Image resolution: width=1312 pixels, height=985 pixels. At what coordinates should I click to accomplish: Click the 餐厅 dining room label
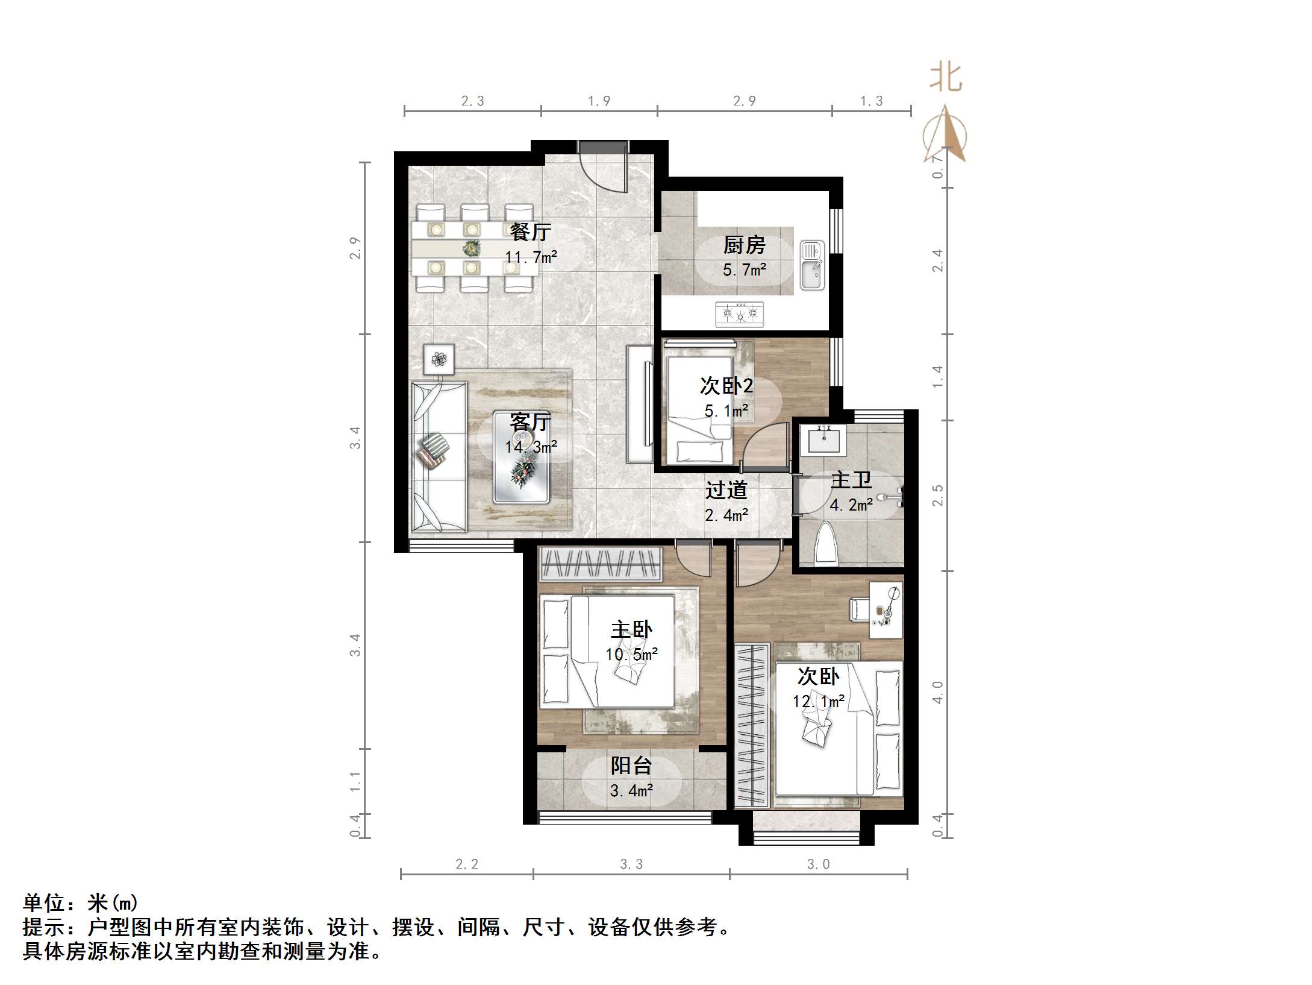pyautogui.click(x=530, y=232)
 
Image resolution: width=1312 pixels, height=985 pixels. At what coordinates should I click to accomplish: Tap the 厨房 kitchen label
pyautogui.click(x=744, y=245)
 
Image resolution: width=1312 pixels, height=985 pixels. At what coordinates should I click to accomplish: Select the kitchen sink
pyautogui.click(x=811, y=265)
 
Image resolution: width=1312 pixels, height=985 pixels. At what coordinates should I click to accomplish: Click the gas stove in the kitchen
pyautogui.click(x=739, y=314)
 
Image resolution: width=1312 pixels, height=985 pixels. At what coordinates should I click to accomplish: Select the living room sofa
pyautogui.click(x=439, y=456)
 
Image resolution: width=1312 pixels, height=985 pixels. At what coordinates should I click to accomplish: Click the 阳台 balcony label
pyautogui.click(x=631, y=766)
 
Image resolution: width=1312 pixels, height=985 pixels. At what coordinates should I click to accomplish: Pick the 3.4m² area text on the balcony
pyautogui.click(x=631, y=790)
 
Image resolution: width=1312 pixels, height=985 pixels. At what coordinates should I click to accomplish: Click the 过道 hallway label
pyautogui.click(x=726, y=490)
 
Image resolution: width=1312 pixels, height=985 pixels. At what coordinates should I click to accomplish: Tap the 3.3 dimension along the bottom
pyautogui.click(x=631, y=864)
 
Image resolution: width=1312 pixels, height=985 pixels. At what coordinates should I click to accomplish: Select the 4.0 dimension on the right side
pyautogui.click(x=937, y=692)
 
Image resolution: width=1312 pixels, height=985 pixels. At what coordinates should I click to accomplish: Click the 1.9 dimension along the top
pyautogui.click(x=599, y=101)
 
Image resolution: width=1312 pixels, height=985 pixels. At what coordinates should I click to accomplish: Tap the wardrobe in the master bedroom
pyautogui.click(x=600, y=563)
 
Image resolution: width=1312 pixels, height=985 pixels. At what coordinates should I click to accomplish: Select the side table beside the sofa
pyautogui.click(x=439, y=359)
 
